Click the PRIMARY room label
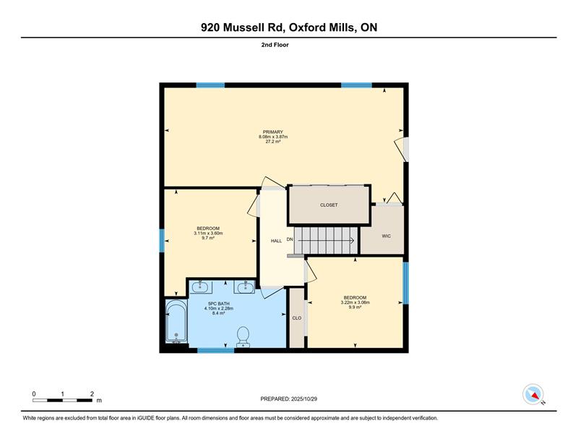point(273,132)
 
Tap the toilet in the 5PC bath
point(243,337)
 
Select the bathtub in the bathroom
point(176,321)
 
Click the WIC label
point(386,236)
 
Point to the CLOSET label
point(329,205)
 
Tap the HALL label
point(276,241)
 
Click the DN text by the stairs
point(290,239)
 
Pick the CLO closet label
point(297,318)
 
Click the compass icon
point(533,394)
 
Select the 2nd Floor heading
point(275,45)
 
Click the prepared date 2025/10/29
point(304,399)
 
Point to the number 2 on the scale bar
point(92,394)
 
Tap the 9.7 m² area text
point(208,238)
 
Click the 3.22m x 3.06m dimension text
point(355,302)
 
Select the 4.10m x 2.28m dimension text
point(219,308)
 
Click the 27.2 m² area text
point(273,141)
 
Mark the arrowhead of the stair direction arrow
point(353,241)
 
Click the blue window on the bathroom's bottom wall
point(215,350)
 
